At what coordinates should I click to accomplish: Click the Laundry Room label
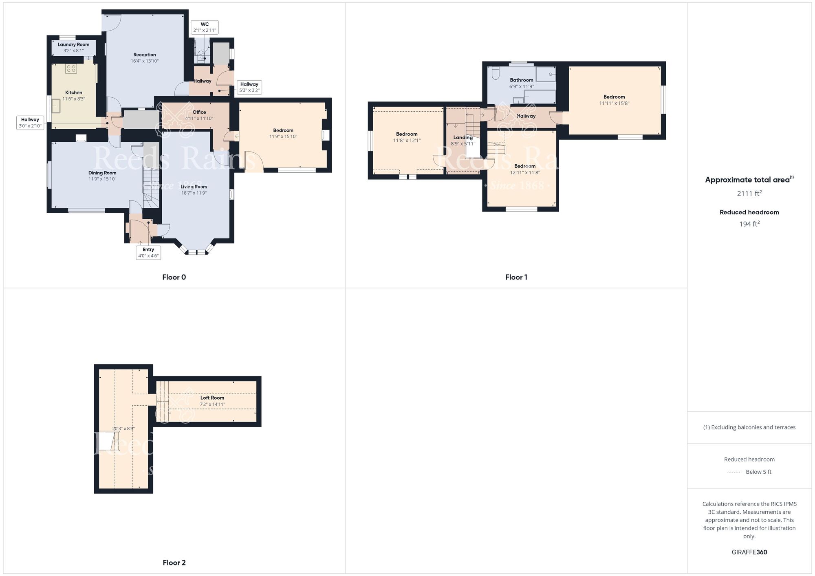(x=73, y=45)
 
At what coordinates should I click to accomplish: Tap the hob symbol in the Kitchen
(x=71, y=68)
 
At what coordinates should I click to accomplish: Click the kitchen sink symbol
(x=56, y=106)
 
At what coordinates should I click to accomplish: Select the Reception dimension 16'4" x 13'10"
(x=145, y=61)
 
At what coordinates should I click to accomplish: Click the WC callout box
(x=205, y=27)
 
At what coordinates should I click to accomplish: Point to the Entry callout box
(x=148, y=253)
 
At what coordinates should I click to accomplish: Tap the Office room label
(x=199, y=112)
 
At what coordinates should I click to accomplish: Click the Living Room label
(x=194, y=187)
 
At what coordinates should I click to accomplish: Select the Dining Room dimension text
(x=102, y=179)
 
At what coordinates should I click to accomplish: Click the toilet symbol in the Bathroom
(x=496, y=73)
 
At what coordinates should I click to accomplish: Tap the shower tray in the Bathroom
(x=546, y=75)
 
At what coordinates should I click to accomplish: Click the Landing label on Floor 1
(x=463, y=138)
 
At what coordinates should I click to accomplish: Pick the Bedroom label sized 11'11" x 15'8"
(x=614, y=97)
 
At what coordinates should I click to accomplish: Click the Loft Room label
(x=212, y=398)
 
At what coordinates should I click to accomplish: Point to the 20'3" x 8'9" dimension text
(x=123, y=429)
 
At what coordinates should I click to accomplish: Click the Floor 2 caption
(x=174, y=563)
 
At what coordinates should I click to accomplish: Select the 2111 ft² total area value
(x=749, y=193)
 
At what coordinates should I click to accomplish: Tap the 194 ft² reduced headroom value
(x=749, y=224)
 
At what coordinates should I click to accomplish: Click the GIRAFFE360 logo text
(x=749, y=552)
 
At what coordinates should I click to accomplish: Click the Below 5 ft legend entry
(x=758, y=472)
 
